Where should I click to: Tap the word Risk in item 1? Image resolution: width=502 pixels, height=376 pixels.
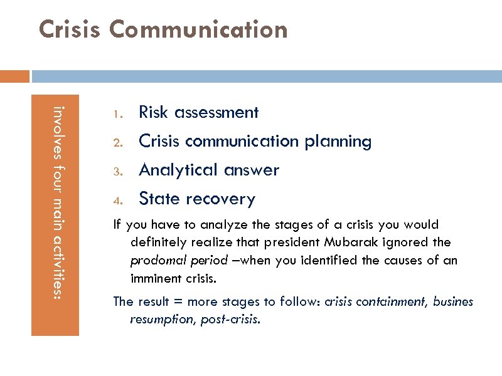[154, 112]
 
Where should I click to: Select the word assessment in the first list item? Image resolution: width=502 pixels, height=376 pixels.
[216, 112]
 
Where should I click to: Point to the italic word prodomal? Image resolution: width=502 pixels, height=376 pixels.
[154, 260]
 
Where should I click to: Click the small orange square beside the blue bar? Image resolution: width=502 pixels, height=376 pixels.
[14, 76]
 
